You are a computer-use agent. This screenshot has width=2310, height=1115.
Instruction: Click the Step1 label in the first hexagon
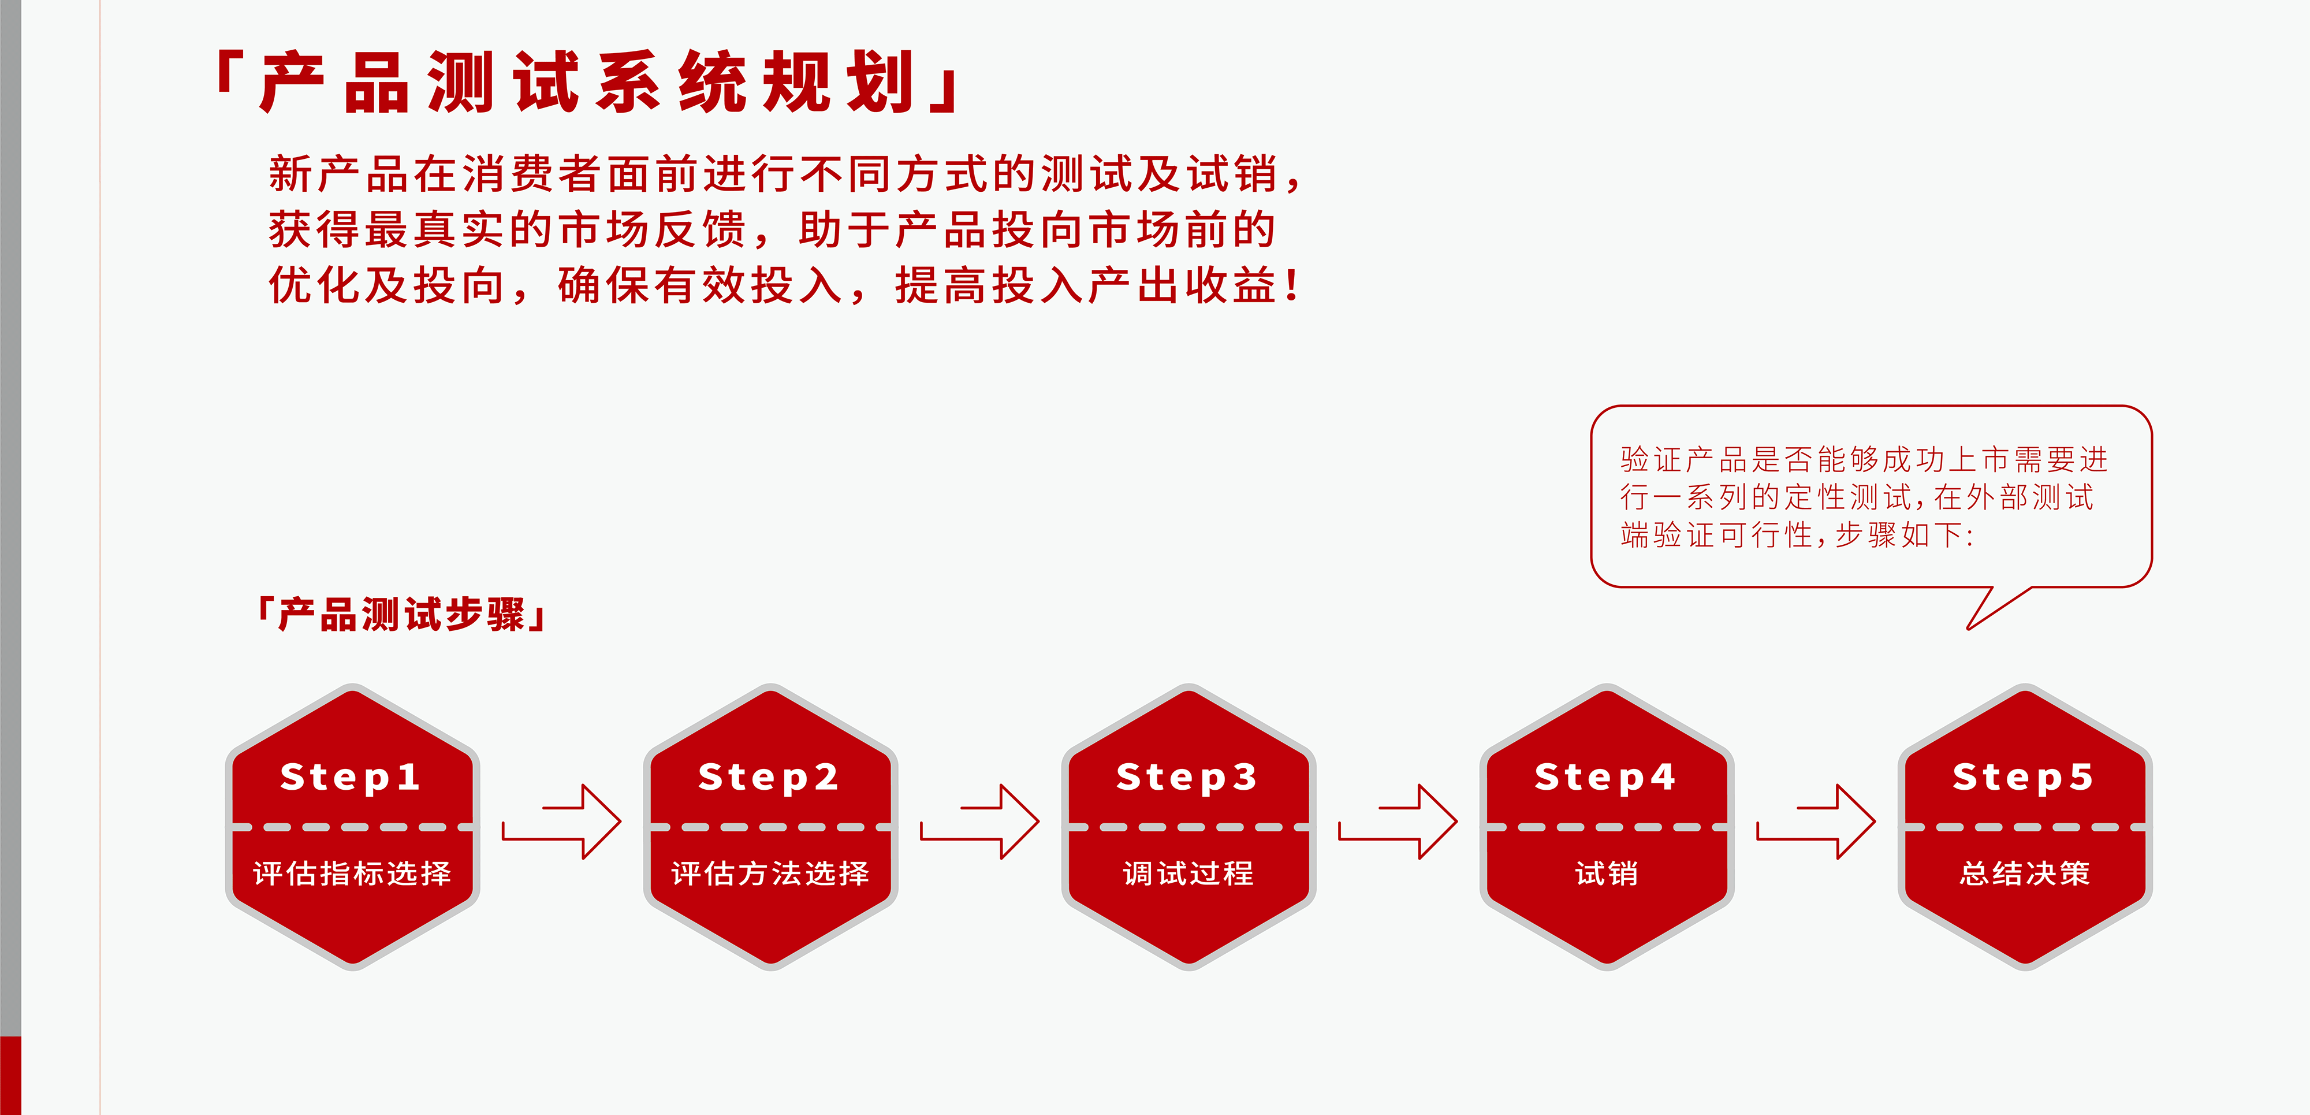[350, 777]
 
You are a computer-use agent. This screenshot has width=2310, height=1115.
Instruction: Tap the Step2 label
[769, 777]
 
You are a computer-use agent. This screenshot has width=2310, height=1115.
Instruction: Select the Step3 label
[1186, 777]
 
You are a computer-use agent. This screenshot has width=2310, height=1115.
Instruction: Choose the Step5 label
[2023, 777]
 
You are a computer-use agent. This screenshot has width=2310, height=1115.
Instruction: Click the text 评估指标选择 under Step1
[352, 873]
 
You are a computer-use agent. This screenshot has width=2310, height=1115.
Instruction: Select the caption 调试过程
[1188, 873]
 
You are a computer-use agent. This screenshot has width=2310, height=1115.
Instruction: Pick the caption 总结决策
[2025, 873]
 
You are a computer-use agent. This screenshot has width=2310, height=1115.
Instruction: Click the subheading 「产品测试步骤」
[402, 615]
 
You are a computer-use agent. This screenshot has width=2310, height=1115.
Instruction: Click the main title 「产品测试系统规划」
[587, 81]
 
